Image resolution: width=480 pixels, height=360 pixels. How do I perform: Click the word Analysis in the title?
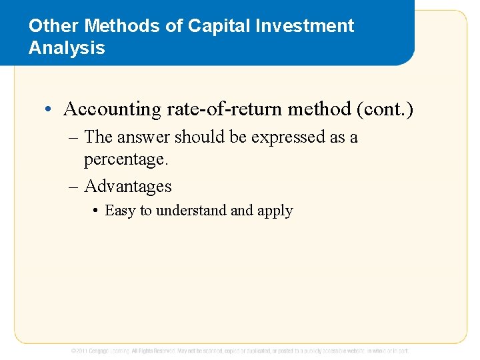67,48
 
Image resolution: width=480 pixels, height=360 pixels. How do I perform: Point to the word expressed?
255,137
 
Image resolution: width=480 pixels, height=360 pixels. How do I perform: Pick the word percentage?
125,160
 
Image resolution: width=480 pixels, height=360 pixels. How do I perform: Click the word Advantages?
128,186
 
